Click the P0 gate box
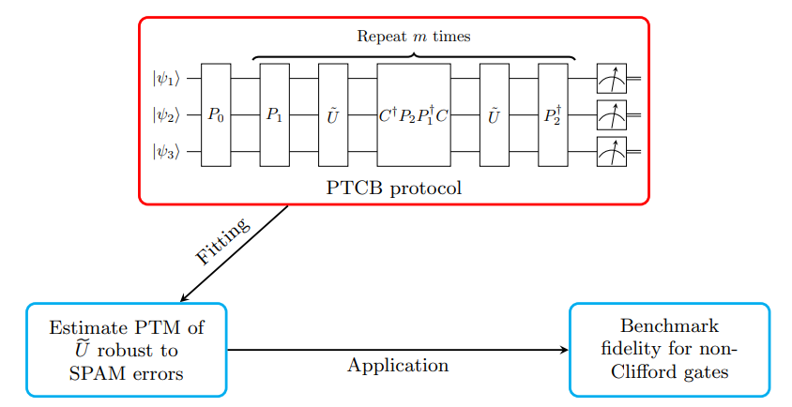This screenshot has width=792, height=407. click(216, 114)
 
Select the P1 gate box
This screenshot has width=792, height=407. click(274, 114)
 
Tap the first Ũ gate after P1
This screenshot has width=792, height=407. click(333, 114)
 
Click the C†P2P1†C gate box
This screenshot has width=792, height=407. click(414, 114)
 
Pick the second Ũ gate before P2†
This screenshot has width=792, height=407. click(494, 114)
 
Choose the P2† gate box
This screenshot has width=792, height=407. click(553, 114)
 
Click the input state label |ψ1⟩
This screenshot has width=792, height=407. click(163, 79)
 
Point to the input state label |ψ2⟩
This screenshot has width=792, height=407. click(163, 114)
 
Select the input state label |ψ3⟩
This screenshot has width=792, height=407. click(163, 151)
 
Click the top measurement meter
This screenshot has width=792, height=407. click(611, 79)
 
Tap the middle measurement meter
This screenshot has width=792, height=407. click(611, 114)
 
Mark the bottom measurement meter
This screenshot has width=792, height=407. click(611, 151)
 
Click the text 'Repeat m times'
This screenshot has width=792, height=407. click(414, 37)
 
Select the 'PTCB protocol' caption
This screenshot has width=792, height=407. click(394, 187)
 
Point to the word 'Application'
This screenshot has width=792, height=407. click(398, 366)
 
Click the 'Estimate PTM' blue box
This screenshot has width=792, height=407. click(127, 350)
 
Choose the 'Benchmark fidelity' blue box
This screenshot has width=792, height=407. click(669, 350)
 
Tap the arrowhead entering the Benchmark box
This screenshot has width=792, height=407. click(564, 350)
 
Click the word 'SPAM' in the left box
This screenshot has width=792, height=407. click(95, 373)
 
